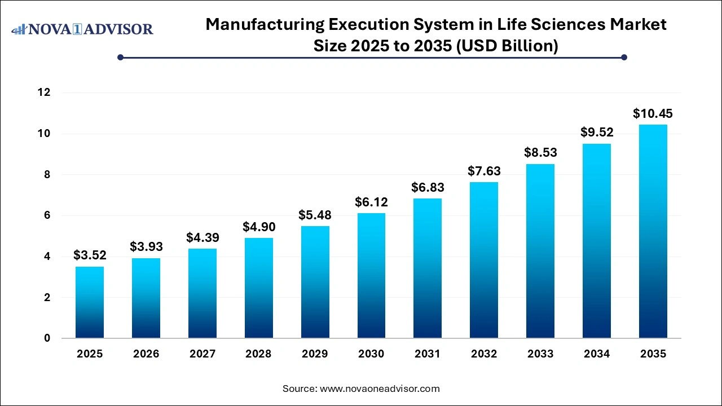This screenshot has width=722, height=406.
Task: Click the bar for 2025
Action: pos(90,302)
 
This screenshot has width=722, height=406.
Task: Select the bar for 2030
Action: pos(371,276)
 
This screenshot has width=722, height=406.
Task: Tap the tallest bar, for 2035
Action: pos(653,231)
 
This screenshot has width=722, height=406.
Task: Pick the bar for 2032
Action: pos(484,260)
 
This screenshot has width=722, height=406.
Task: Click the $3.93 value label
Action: pos(146,246)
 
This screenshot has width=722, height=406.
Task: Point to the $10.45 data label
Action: pos(653,113)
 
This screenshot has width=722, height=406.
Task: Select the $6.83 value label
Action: pos(428,187)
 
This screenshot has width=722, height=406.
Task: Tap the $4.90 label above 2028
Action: pos(258,226)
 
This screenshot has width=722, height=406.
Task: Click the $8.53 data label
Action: pos(540,152)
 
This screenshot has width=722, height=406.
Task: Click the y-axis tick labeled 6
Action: pos(47,215)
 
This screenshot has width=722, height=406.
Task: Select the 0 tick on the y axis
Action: pos(47,338)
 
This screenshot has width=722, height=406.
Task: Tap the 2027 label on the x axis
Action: pos(202,354)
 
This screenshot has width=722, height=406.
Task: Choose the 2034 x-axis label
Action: pos(597,354)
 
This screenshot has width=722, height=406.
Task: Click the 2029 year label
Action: pos(315,354)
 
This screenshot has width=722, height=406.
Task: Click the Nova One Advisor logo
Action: pos(82,29)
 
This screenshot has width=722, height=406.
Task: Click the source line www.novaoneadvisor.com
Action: pos(380,389)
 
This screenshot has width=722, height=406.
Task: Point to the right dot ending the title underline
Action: pos(624,57)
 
